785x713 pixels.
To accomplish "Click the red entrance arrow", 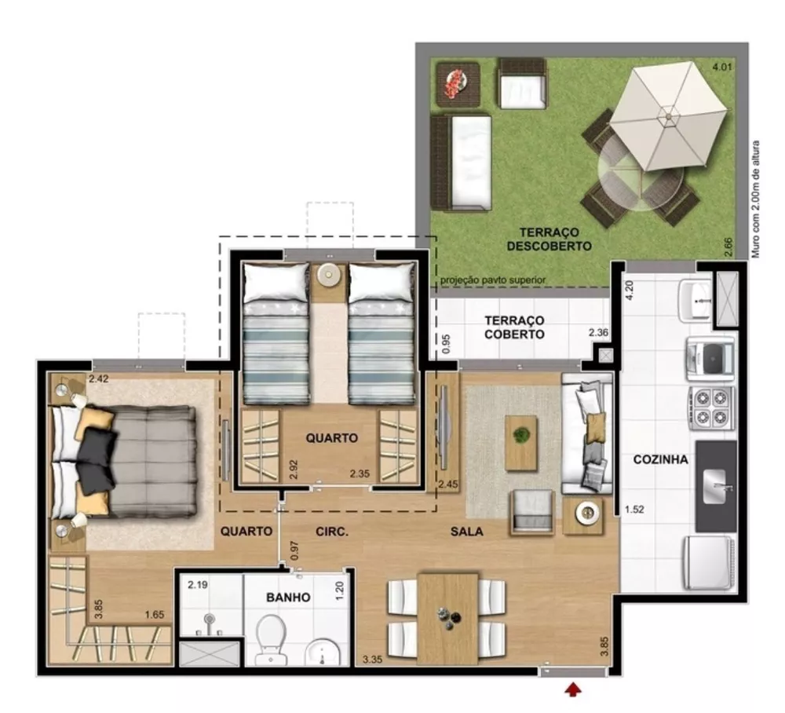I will coord(575,689).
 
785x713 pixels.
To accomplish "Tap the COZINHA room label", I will coord(660,459).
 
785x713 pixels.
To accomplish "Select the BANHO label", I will coord(287,597).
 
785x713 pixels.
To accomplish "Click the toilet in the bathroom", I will coord(271,634).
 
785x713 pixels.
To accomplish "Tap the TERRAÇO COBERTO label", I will coord(514,327).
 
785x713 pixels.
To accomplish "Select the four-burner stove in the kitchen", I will coord(710,408).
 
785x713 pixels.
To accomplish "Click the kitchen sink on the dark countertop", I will coord(717,486).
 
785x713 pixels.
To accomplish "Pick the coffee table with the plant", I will coord(520,442).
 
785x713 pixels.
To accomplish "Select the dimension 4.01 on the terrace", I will coord(721,68).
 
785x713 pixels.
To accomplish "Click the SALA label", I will coord(466,532).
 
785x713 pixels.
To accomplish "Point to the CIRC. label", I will coord(332,532).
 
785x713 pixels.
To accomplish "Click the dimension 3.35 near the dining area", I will coord(373,660).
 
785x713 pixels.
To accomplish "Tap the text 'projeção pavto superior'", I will coord(492,280).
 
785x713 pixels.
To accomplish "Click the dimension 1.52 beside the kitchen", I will coord(634,510).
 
